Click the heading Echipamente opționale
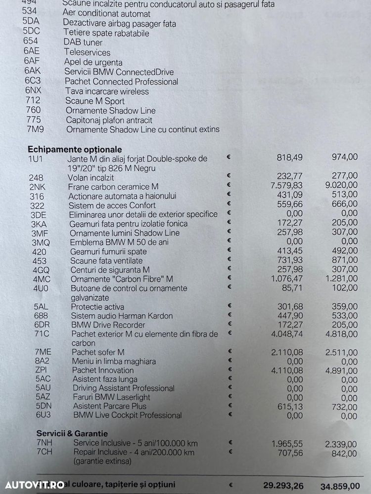pos(75,149)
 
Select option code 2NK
pos(37,187)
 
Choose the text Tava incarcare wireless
pos(107,91)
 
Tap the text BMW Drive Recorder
pos(108,325)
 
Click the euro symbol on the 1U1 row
pos(229,158)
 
